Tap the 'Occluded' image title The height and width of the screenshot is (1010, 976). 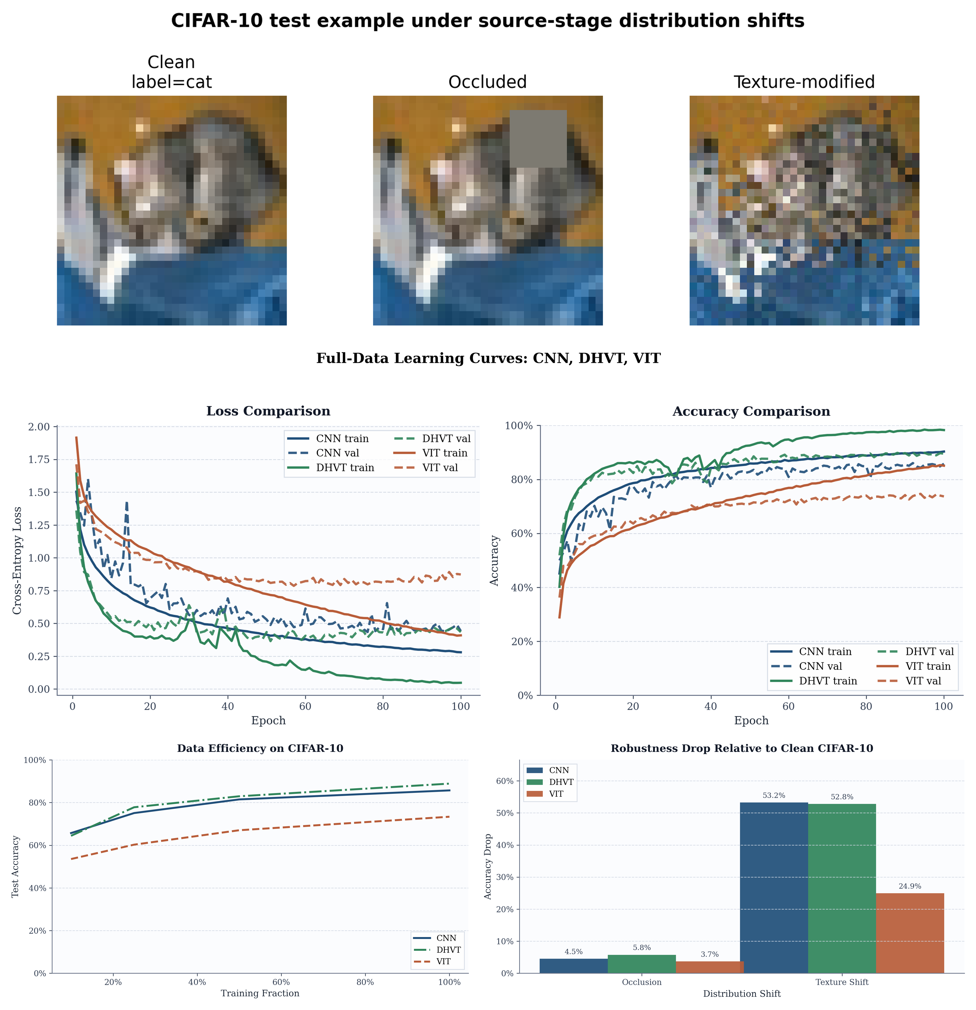[487, 82]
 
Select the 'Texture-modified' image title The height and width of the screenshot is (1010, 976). [804, 82]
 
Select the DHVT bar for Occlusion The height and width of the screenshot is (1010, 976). [642, 964]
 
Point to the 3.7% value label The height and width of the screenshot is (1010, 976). [710, 954]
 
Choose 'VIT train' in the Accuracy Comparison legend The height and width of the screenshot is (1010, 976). [928, 666]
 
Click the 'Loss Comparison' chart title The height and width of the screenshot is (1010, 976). [268, 411]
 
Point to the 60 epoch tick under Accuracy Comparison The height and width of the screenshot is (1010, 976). [788, 706]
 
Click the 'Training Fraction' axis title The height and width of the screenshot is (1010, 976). [260, 993]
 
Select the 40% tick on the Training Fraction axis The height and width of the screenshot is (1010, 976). [197, 982]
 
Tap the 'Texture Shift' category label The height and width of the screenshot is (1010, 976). [841, 982]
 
